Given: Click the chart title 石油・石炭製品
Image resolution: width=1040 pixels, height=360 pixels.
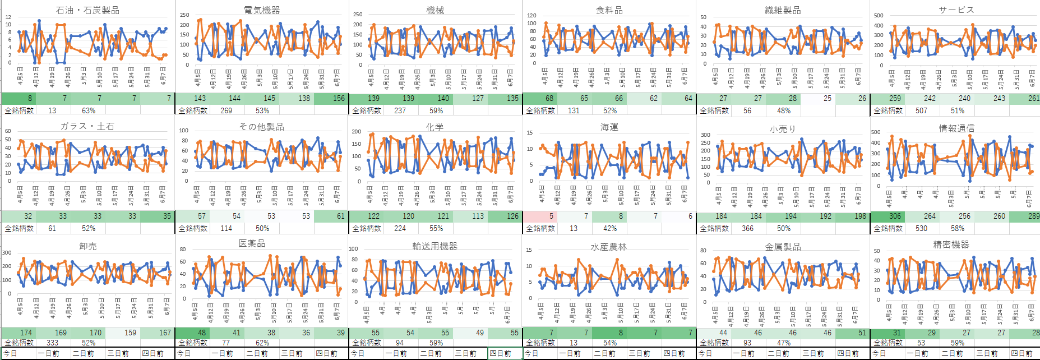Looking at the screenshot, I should [87, 10].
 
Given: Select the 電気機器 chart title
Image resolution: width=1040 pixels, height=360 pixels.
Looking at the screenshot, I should [262, 10].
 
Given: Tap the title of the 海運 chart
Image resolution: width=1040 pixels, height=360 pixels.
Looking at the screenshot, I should [609, 127].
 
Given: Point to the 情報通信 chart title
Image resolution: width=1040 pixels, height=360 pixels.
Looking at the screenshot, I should [956, 128].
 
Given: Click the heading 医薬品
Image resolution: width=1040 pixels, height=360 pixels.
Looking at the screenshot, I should [252, 243].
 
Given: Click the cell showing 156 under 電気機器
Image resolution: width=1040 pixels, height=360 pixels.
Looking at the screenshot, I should [339, 98].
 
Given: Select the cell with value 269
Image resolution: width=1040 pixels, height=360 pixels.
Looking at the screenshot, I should [226, 110].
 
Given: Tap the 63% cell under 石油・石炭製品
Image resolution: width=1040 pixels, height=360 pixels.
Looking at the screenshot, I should [89, 110].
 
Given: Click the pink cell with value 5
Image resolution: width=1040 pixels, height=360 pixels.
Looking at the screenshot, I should [551, 216].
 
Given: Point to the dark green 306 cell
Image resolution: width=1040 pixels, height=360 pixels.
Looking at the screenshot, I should [895, 216].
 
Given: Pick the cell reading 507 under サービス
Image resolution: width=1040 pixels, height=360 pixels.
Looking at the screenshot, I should [921, 110].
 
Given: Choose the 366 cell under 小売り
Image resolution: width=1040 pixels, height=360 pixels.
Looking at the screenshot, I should [747, 228].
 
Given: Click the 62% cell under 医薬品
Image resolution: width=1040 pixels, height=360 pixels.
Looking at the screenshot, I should [262, 343].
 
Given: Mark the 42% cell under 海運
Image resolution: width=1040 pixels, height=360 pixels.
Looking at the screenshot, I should [610, 228].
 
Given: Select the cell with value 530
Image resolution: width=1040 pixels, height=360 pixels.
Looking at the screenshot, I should [921, 228].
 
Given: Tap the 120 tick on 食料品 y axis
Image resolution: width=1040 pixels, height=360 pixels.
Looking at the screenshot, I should [531, 16].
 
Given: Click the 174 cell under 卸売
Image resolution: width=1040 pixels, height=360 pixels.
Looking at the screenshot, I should [26, 333].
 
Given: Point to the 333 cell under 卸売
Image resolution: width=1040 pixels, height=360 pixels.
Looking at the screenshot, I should [52, 343].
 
